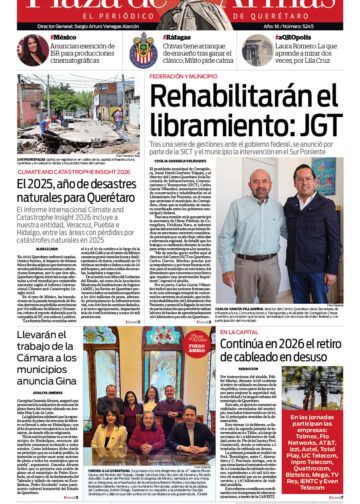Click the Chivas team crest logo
click(143, 51)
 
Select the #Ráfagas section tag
click(179, 36)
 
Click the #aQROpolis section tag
click(291, 36)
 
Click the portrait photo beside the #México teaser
click(30, 50)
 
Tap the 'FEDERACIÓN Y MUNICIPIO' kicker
click(190, 76)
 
